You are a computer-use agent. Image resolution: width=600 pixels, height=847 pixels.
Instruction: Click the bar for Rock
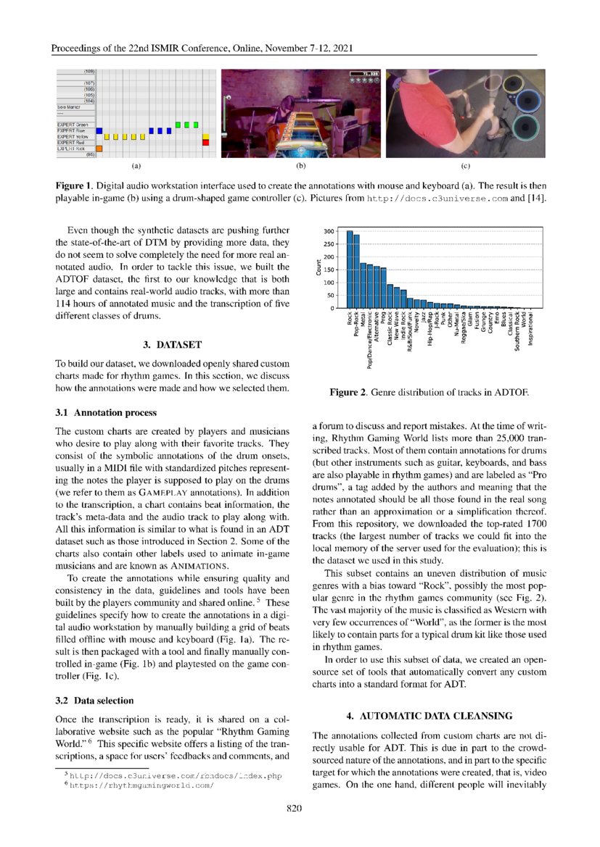[x=350, y=270]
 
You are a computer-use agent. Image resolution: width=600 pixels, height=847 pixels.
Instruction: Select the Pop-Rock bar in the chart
[x=356, y=272]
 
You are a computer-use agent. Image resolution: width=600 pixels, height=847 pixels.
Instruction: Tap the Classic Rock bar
[x=390, y=296]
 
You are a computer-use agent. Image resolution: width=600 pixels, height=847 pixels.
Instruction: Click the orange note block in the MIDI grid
[x=100, y=149]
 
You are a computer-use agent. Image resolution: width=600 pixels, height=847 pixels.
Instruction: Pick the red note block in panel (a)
[x=205, y=143]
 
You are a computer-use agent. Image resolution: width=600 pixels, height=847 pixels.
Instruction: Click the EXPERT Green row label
[x=73, y=125]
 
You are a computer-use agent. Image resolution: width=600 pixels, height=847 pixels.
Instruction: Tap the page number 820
[x=294, y=809]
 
